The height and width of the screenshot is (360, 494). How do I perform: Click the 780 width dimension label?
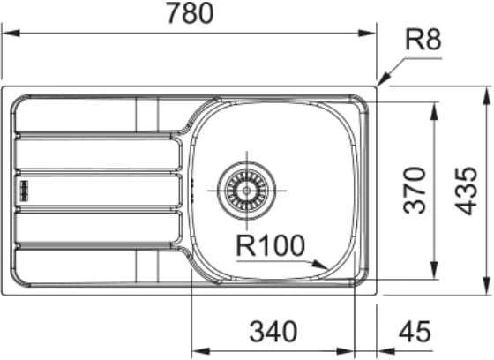tap(190, 13)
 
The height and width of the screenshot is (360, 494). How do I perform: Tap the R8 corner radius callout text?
tap(423, 40)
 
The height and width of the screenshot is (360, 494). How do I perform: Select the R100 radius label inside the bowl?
tap(271, 246)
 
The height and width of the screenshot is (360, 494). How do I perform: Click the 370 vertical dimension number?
tap(415, 191)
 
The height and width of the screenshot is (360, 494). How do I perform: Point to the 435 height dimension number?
tap(466, 191)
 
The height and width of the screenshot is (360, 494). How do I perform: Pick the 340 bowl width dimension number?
tap(273, 331)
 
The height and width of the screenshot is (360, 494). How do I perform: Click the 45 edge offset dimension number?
tap(415, 331)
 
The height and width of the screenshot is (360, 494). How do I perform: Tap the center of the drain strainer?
tap(247, 191)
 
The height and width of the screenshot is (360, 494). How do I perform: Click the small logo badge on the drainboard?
tap(24, 191)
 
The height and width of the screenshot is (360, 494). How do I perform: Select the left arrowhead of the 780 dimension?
tap(11, 34)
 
